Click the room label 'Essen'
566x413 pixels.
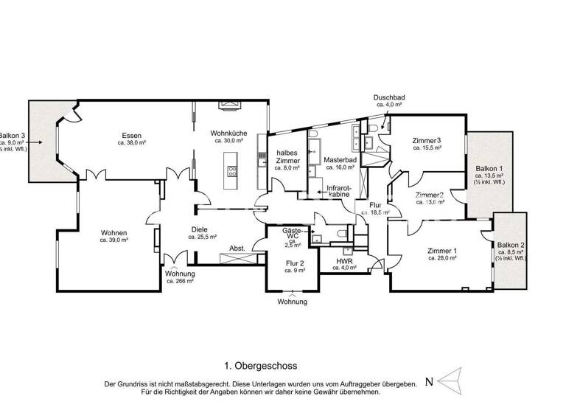[132, 135]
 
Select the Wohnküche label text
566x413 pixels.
[228, 133]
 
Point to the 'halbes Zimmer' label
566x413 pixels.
[287, 156]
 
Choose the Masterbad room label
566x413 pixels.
[340, 159]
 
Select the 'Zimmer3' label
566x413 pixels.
[427, 140]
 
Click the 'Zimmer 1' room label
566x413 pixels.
[442, 251]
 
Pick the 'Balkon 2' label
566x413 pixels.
[511, 245]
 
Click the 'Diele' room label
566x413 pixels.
[199, 229]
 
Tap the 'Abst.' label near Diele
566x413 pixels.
[237, 248]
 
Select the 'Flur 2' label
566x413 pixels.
[295, 263]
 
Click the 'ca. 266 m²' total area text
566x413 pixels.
[180, 281]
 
